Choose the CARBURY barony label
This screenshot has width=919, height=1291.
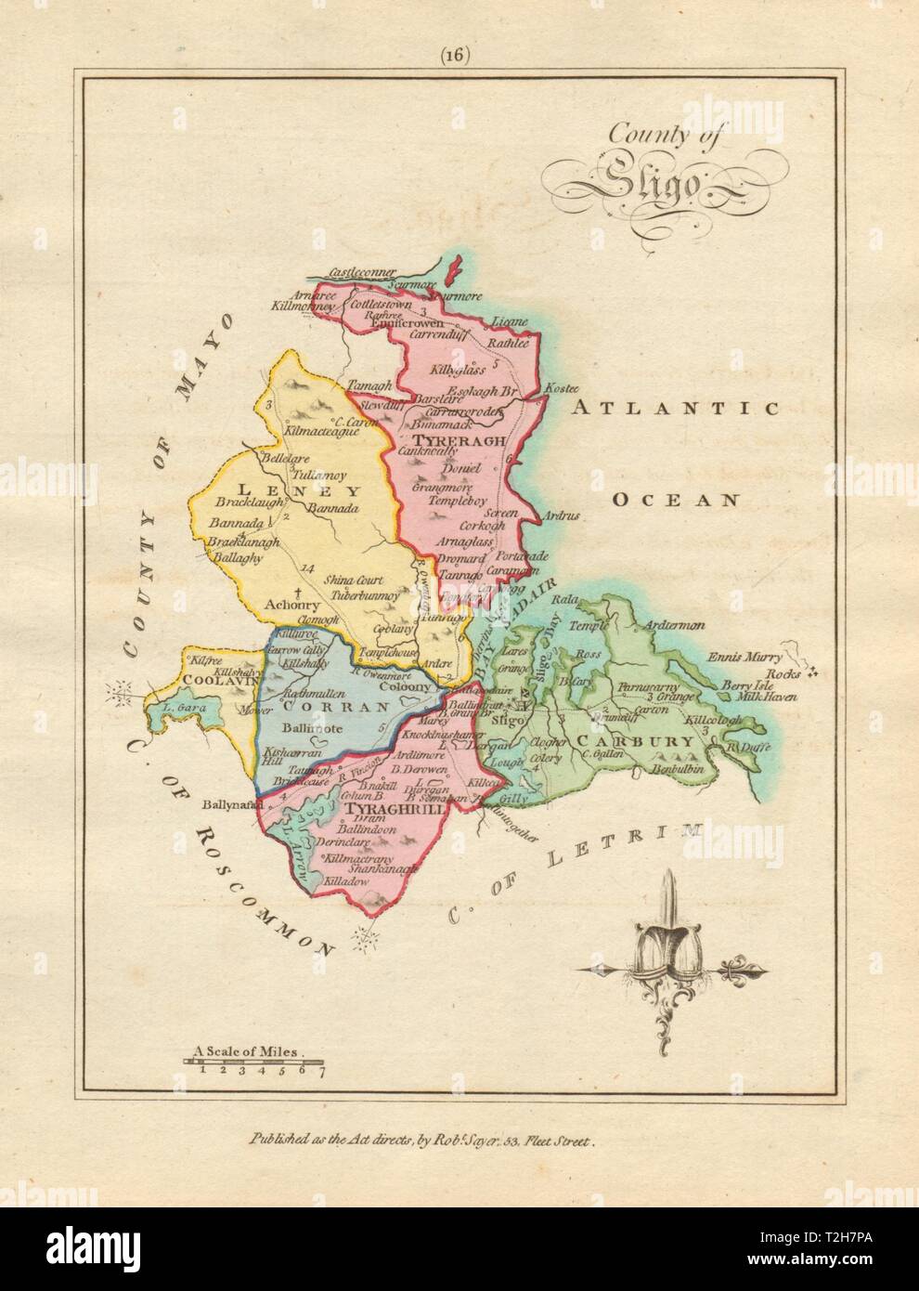pyautogui.click(x=633, y=741)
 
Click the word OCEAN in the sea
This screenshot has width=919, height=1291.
pyautogui.click(x=676, y=499)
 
